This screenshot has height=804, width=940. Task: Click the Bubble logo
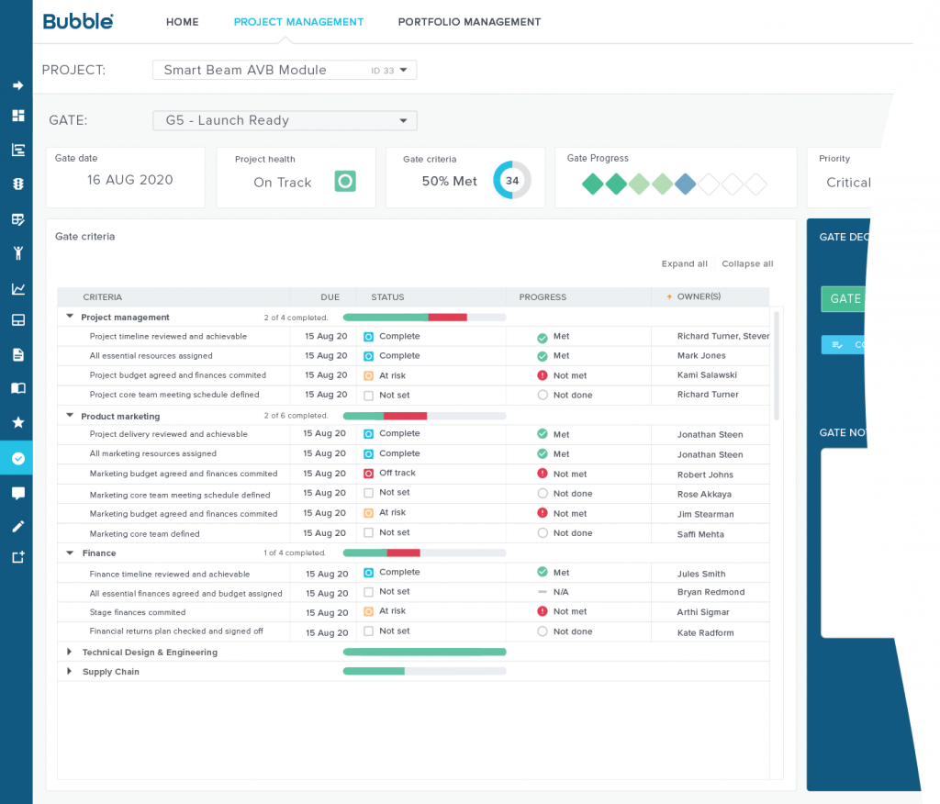pyautogui.click(x=78, y=21)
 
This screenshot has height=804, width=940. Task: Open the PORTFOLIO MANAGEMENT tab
pyautogui.click(x=469, y=22)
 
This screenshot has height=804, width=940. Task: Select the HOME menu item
pyautogui.click(x=182, y=22)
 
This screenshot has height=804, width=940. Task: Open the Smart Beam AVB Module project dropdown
pyautogui.click(x=284, y=70)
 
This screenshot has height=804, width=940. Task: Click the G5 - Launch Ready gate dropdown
pyautogui.click(x=284, y=120)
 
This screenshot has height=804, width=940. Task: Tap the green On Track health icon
pyautogui.click(x=344, y=182)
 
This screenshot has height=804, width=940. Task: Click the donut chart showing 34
pyautogui.click(x=511, y=181)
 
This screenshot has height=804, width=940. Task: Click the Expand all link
pyautogui.click(x=684, y=264)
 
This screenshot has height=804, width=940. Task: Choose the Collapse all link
pyautogui.click(x=747, y=264)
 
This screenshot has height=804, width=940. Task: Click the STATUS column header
pyautogui.click(x=387, y=297)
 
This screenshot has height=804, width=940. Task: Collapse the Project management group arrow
pyautogui.click(x=70, y=317)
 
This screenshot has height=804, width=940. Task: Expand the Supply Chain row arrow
pyautogui.click(x=69, y=672)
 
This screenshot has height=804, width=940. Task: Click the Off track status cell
pyautogui.click(x=397, y=474)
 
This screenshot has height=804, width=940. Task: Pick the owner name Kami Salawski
pyautogui.click(x=707, y=375)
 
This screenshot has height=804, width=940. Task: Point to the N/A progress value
pyautogui.click(x=560, y=592)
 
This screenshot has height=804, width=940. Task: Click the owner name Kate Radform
pyautogui.click(x=705, y=632)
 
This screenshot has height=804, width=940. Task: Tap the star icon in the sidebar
pyautogui.click(x=17, y=422)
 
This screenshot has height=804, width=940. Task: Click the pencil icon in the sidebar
pyautogui.click(x=17, y=526)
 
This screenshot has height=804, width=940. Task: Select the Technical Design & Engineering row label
pyautogui.click(x=150, y=653)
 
